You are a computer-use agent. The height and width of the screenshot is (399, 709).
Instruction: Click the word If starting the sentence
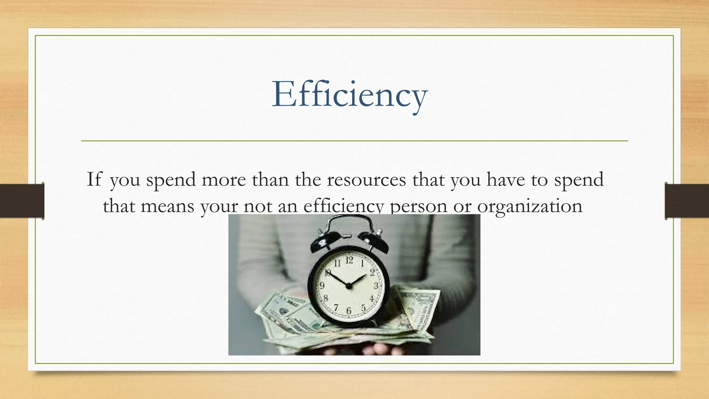[x=94, y=179]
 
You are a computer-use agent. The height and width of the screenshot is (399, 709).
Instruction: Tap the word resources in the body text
[x=366, y=180]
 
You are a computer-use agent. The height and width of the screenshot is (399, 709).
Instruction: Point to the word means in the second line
[x=167, y=206]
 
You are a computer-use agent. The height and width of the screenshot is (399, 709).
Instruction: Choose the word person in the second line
[x=419, y=207]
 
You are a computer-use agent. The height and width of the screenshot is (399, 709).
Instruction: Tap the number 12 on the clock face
[x=350, y=260]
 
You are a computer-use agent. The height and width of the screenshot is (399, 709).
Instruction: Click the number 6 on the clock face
[x=349, y=311]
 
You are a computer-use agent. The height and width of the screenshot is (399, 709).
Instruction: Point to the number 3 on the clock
[x=376, y=286]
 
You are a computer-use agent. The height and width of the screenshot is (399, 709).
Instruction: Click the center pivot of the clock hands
[x=349, y=286]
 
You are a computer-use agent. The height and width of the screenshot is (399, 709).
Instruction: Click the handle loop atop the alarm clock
[x=349, y=222]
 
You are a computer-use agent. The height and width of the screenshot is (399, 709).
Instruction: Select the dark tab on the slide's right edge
[x=687, y=201]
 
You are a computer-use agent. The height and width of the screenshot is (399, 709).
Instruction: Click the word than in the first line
[x=270, y=180]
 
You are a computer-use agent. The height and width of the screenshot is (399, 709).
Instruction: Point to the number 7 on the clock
[x=335, y=307]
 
